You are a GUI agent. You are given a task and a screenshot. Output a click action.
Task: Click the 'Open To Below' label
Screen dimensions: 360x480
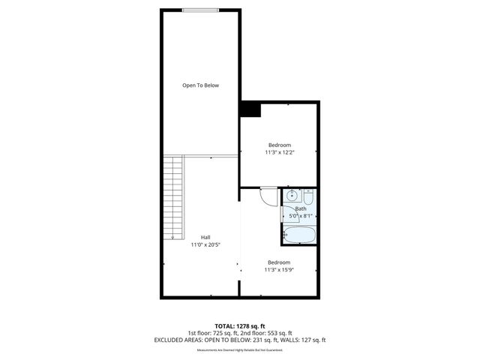(201, 85)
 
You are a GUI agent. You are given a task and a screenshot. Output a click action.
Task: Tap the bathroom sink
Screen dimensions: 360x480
(292, 197)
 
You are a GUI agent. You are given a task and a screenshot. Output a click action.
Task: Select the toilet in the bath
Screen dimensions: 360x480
(308, 198)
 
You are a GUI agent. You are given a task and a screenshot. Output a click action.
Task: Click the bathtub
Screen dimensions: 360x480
(299, 236)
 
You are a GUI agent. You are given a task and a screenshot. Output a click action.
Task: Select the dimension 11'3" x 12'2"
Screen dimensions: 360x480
(280, 152)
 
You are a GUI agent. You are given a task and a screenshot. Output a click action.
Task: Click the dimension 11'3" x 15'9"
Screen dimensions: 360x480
(280, 270)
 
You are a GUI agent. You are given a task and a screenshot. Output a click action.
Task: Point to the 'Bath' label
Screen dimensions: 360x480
(300, 209)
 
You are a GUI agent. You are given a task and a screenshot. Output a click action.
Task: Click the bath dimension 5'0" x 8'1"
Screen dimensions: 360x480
(301, 217)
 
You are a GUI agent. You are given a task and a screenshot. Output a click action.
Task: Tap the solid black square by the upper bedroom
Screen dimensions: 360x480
(248, 109)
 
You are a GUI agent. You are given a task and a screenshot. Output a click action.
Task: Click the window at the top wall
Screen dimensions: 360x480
(201, 10)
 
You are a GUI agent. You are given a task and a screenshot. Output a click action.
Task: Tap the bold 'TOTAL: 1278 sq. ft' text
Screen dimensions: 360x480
(239, 326)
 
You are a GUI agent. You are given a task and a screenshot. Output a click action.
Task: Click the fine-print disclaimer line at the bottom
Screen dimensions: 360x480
(239, 349)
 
